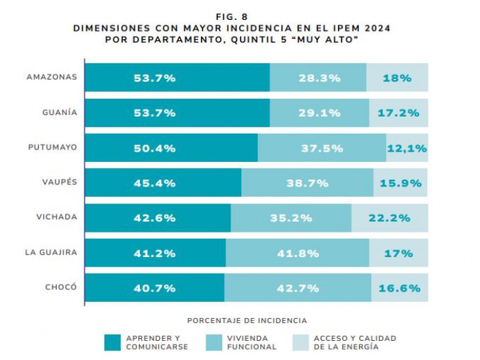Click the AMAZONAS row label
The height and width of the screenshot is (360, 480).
click(51, 77)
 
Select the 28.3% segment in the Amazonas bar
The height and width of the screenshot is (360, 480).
click(319, 77)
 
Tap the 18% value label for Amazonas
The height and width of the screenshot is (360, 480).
click(397, 77)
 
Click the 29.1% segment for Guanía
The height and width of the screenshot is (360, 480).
click(319, 112)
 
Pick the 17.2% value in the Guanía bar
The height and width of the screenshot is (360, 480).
click(398, 112)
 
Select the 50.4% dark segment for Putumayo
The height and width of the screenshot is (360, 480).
click(155, 147)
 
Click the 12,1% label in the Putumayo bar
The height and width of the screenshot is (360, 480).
click(407, 147)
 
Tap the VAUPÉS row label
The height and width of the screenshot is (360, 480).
click(59, 182)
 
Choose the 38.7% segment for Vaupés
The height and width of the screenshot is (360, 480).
click(307, 182)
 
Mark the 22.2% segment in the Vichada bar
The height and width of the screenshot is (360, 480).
click(389, 217)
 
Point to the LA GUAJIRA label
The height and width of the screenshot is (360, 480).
click(51, 252)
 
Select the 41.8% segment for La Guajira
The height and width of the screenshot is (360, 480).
click(297, 253)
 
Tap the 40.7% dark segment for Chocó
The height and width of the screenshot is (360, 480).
click(155, 288)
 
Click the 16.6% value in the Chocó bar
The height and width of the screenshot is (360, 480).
click(399, 288)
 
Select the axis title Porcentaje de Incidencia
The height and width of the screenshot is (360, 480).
click(247, 320)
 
